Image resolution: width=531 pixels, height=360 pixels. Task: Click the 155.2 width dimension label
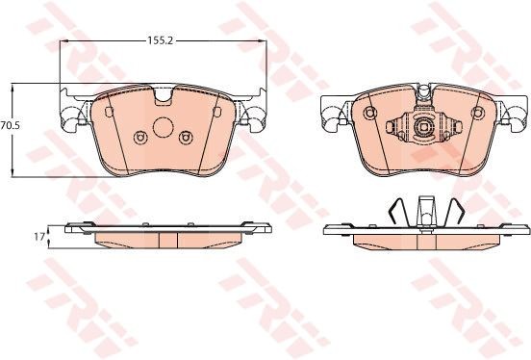tap(160, 40)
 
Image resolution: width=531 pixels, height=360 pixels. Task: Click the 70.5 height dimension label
tap(11, 125)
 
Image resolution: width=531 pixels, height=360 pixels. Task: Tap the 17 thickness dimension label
tap(39, 236)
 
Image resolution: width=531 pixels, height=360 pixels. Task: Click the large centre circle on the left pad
tap(164, 127)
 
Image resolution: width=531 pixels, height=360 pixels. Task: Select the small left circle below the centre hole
tap(139, 138)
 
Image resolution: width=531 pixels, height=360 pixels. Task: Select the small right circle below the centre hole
tap(186, 138)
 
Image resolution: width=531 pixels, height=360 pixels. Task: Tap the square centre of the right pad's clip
tap(424, 126)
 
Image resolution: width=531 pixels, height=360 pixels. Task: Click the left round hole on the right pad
tap(369, 113)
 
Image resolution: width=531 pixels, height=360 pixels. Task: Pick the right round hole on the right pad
tap(478, 113)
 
